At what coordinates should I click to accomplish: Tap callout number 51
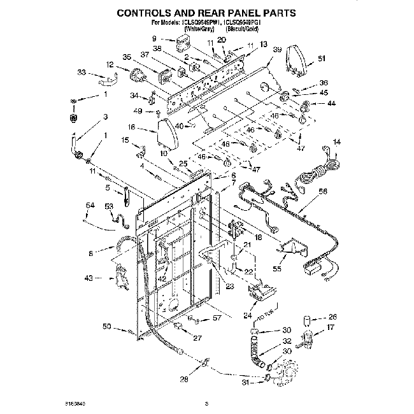pos(322,59)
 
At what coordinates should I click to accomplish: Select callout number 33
pos(82,72)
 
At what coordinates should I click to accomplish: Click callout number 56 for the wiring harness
pos(323,191)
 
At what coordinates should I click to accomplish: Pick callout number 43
pos(89,278)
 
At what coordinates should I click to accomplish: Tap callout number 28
pos(184,380)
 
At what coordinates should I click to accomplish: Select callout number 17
pos(331,328)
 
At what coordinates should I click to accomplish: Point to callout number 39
pos(277,49)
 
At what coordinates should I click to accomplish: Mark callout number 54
pos(89,204)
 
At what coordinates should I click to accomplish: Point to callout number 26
pos(332,317)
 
